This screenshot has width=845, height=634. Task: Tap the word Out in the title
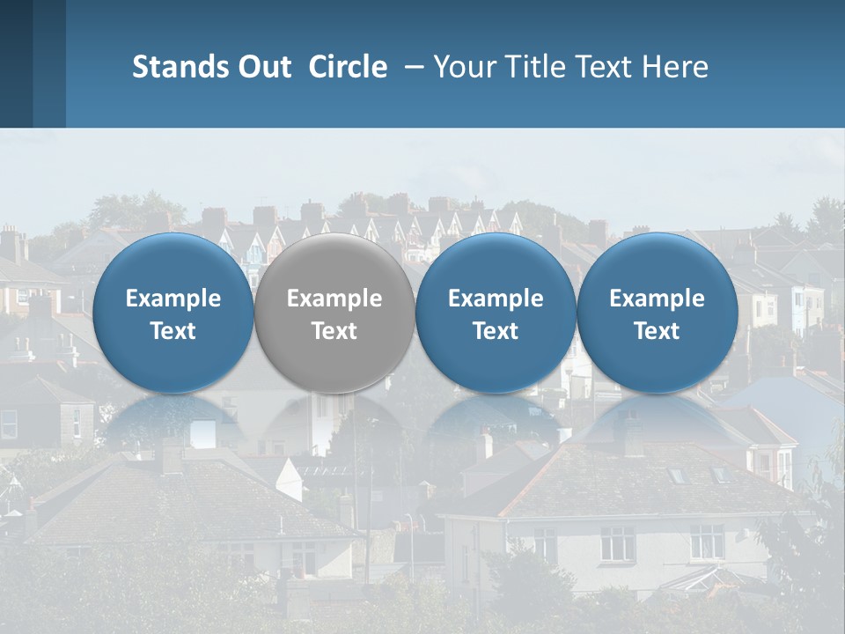pyautogui.click(x=261, y=67)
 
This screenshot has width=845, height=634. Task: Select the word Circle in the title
pyautogui.click(x=348, y=67)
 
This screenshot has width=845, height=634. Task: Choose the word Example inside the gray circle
pyautogui.click(x=334, y=299)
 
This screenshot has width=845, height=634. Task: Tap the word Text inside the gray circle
pyautogui.click(x=334, y=331)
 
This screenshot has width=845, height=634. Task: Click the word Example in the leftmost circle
pyautogui.click(x=173, y=299)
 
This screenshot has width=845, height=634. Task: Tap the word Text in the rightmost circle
pyautogui.click(x=657, y=331)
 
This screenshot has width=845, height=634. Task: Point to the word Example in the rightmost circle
pyautogui.click(x=657, y=299)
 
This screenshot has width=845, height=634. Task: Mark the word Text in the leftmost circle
pyautogui.click(x=173, y=331)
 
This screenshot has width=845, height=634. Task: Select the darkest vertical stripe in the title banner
pyautogui.click(x=16, y=63)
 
